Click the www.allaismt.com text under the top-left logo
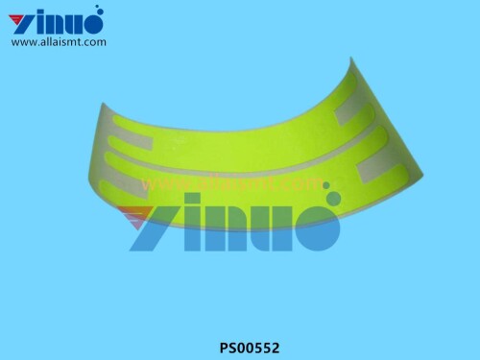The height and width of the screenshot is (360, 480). click(x=59, y=41)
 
